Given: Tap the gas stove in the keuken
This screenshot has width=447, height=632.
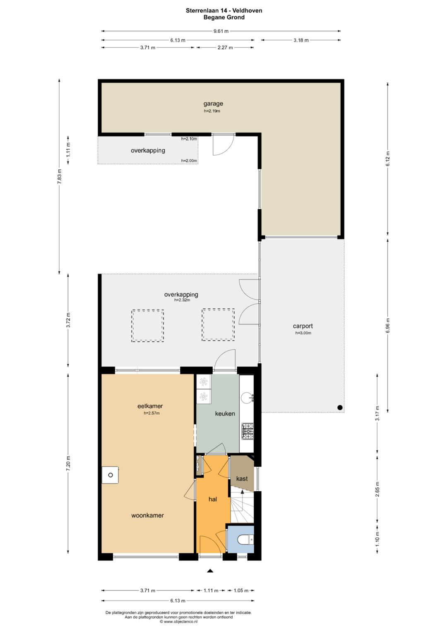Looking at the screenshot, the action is (x=247, y=431).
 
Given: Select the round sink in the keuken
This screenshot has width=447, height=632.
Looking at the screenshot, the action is (x=246, y=398).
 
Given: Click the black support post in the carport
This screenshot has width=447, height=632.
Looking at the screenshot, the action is (x=340, y=407).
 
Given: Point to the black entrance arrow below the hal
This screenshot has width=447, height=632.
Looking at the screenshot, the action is (x=210, y=571).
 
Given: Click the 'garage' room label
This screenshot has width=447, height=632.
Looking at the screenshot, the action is (x=213, y=103).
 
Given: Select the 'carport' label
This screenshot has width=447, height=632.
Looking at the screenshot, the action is (x=303, y=326).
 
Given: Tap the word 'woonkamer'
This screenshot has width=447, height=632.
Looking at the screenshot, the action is (x=148, y=515).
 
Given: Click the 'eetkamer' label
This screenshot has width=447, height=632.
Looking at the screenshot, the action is (x=150, y=406).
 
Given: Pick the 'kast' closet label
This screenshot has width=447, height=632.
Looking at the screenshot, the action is (x=242, y=478).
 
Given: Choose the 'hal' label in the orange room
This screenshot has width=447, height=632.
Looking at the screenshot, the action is (x=213, y=499).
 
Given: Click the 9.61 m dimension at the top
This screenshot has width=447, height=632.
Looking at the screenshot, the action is (x=221, y=31).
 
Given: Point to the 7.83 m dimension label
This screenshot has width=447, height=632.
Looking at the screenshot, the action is (x=59, y=176).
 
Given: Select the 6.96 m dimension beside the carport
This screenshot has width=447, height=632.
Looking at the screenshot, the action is (x=387, y=325).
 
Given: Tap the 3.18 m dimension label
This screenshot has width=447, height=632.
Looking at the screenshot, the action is (x=301, y=40).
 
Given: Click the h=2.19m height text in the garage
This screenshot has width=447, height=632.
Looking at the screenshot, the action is (x=212, y=111).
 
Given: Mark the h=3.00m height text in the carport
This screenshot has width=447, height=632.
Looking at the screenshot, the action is (x=303, y=333).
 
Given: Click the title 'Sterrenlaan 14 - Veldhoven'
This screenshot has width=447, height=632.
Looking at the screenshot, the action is (x=224, y=11).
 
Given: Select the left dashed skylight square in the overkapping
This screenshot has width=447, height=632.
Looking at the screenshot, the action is (x=148, y=326).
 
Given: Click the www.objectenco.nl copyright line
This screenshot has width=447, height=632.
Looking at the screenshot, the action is (x=179, y=622).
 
